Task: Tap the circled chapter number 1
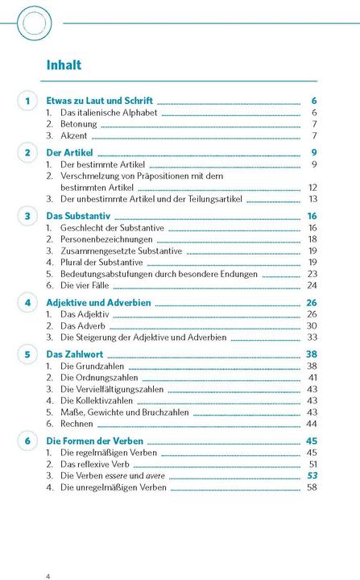tap(27, 101)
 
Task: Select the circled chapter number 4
tap(27, 303)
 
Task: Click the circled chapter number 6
tap(27, 441)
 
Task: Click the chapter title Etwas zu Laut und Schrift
tap(99, 101)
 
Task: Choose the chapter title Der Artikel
tap(69, 152)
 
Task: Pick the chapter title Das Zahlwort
tap(73, 354)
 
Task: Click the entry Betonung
tap(79, 124)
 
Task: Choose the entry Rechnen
tap(77, 424)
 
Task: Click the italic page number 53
tap(312, 476)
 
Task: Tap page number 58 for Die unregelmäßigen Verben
tap(312, 487)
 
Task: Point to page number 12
tap(312, 187)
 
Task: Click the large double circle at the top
tap(33, 23)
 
